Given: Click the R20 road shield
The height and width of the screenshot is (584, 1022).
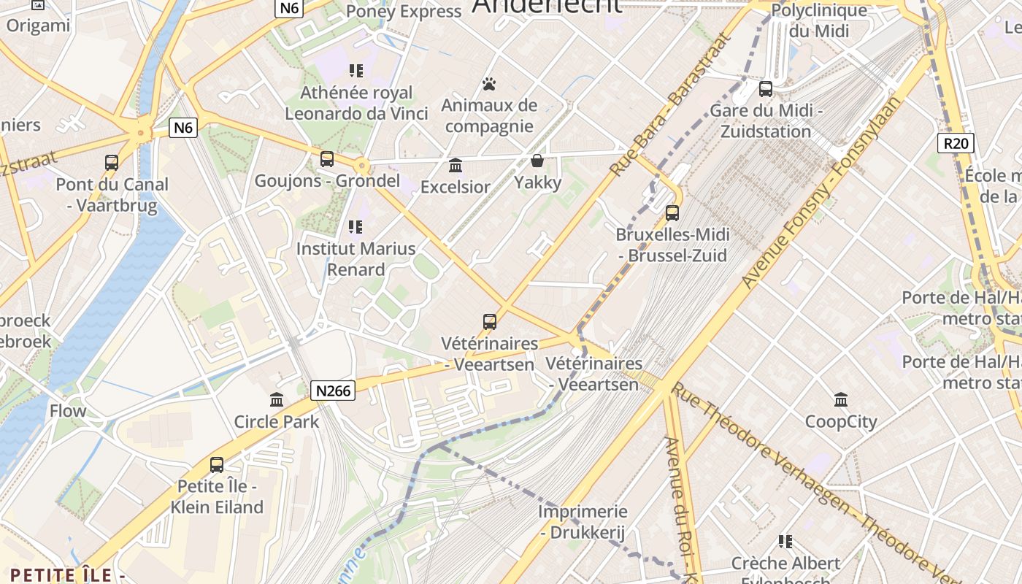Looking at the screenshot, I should tap(956, 142).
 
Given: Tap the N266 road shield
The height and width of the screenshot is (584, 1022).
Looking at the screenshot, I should tap(333, 391).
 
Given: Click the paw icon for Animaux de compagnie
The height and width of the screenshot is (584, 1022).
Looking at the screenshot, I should tap(489, 84).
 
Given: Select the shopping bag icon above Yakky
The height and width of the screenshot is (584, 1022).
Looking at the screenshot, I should tap(537, 161).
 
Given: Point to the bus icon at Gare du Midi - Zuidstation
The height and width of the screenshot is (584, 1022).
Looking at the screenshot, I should tap(765, 89).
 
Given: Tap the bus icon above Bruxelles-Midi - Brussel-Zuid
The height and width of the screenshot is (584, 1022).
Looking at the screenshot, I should tap(672, 213).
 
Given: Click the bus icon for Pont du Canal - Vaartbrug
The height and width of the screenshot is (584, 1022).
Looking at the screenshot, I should tap(112, 163).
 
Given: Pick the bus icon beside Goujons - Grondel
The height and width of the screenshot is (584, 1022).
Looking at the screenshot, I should tap(327, 158).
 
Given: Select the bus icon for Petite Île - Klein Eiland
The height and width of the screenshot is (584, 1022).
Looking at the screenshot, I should tap(217, 464).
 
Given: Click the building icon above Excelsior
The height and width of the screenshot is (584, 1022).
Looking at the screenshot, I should tap(456, 165).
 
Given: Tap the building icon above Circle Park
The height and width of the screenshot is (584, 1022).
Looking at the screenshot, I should tap(277, 399).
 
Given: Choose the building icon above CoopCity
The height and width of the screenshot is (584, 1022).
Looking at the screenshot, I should tap(841, 399).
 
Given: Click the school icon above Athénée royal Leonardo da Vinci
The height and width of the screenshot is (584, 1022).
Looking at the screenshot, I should tap(356, 71).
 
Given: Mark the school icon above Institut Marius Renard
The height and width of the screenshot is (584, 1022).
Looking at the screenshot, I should tap(356, 227).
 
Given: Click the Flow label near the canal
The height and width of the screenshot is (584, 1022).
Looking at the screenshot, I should tap(68, 411).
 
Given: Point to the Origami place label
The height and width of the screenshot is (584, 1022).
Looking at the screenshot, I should tap(38, 26).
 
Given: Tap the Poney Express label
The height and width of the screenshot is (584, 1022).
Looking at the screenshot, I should tap(404, 11).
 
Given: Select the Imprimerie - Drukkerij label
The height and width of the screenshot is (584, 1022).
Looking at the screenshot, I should tap(583, 522).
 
